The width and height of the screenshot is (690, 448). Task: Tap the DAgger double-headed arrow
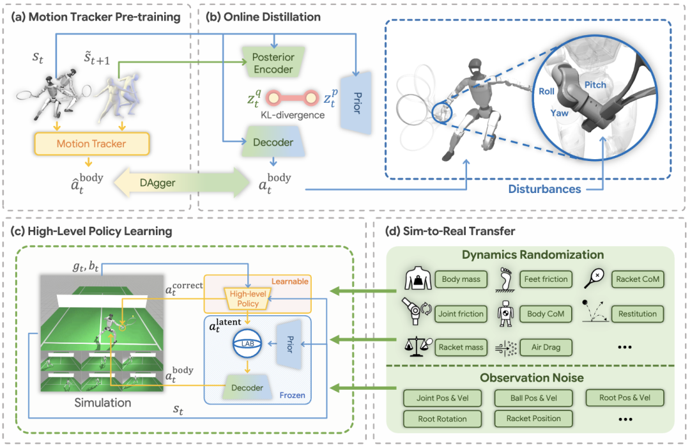[181, 183]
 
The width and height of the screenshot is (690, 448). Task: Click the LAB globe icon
[248, 343]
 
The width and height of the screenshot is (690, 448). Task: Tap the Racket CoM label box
[636, 279]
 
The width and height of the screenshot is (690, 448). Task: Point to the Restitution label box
[637, 314]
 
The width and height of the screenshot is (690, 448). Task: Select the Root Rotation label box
[443, 419]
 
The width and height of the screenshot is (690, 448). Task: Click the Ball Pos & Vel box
[533, 398]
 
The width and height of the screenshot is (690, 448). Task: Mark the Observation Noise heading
[532, 377]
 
